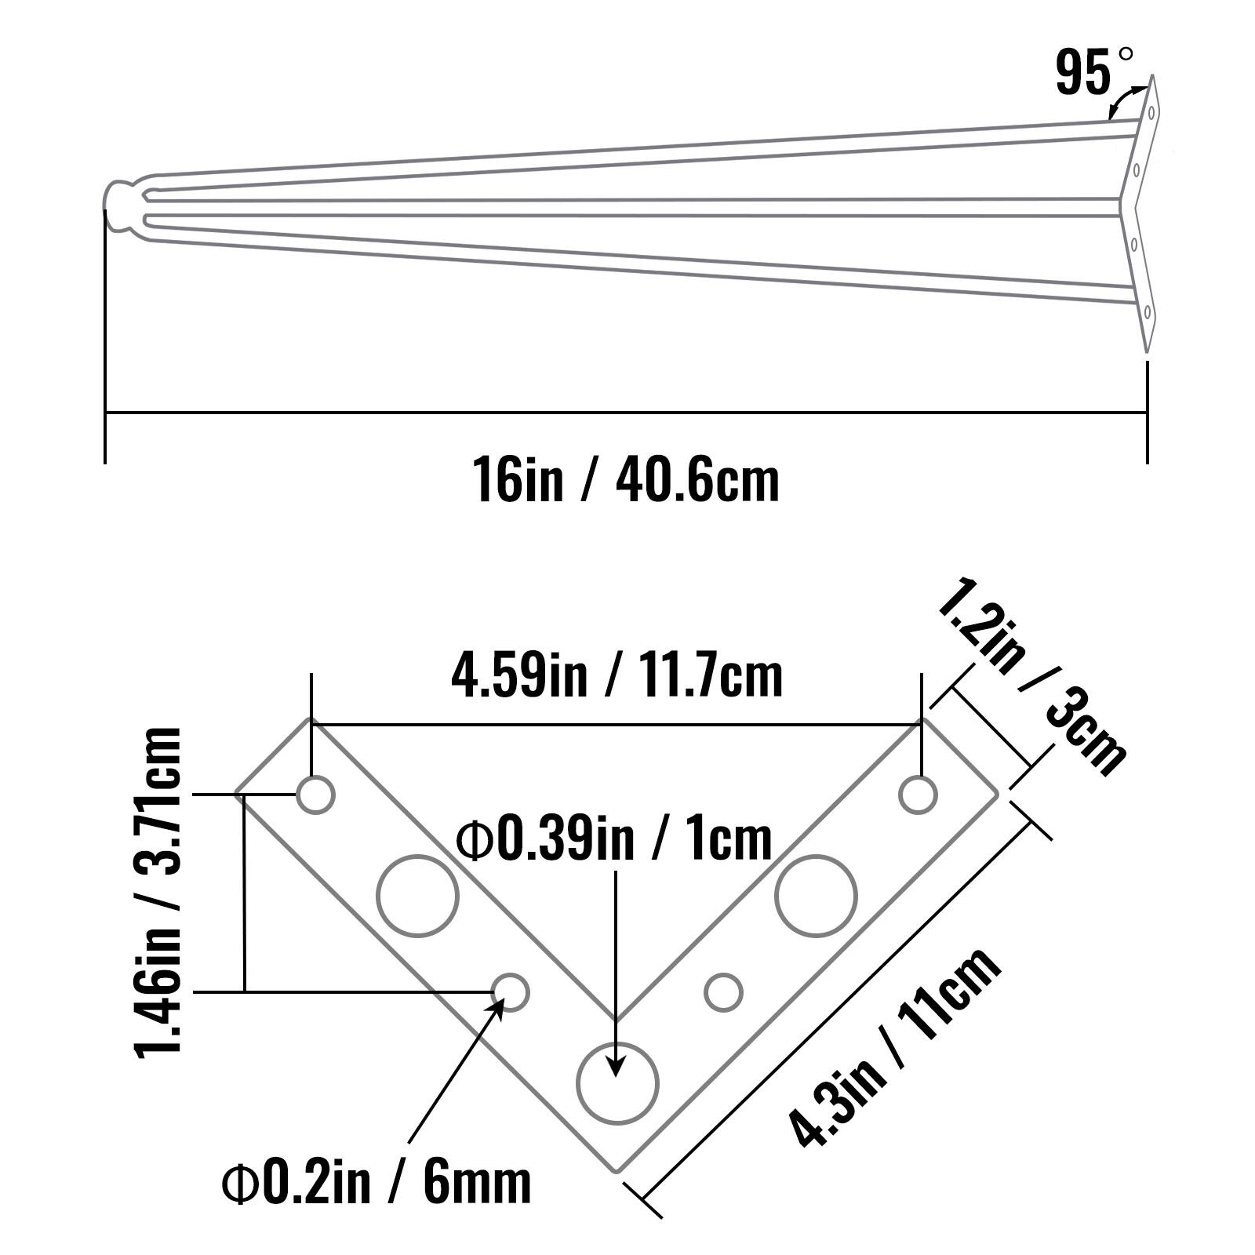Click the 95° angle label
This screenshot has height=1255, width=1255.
tap(1093, 72)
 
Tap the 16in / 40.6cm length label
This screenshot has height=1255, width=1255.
tap(625, 481)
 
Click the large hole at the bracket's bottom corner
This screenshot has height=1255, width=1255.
tap(617, 1083)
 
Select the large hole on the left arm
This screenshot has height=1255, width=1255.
tap(417, 896)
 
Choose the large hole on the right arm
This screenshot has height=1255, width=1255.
tap(817, 896)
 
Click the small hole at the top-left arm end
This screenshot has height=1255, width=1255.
tap(315, 795)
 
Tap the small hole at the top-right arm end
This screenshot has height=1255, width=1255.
tap(918, 795)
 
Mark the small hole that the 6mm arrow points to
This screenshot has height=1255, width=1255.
tap(511, 992)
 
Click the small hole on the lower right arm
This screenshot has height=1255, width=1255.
tap(723, 992)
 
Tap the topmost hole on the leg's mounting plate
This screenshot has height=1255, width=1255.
tap(1151, 112)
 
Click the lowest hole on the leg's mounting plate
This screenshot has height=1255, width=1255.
tap(1147, 312)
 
